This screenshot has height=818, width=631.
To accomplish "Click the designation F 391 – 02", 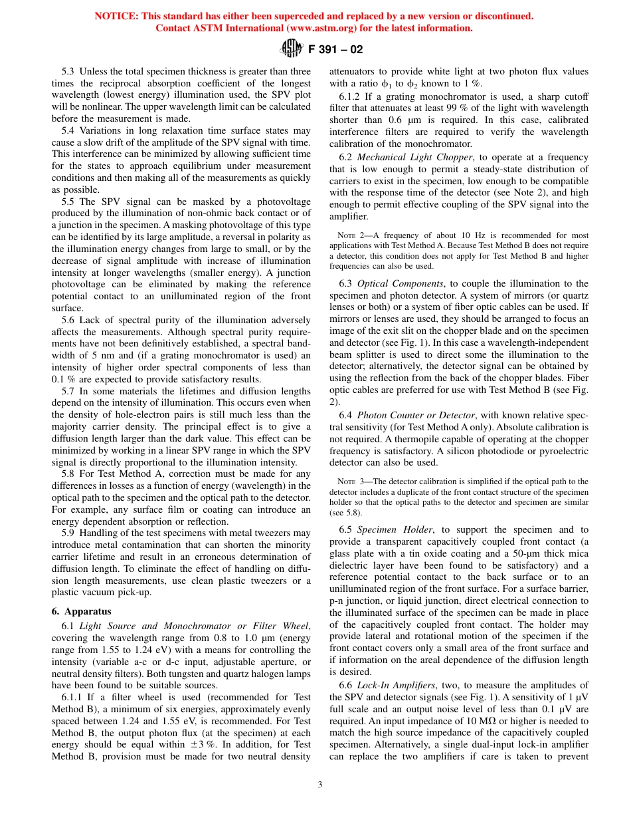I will [335, 49].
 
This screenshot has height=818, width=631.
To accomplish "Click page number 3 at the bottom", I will [319, 784].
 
